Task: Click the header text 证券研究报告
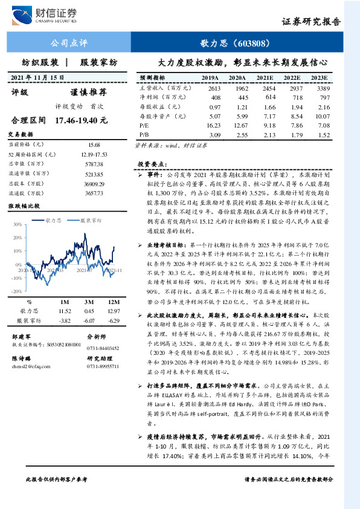tap(311, 22)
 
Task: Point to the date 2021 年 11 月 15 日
tap(37, 77)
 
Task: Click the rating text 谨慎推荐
tap(89, 92)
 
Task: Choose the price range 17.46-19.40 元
tap(80, 120)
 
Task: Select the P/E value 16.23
tap(212, 125)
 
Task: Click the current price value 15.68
tap(94, 145)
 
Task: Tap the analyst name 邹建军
tap(22, 336)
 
